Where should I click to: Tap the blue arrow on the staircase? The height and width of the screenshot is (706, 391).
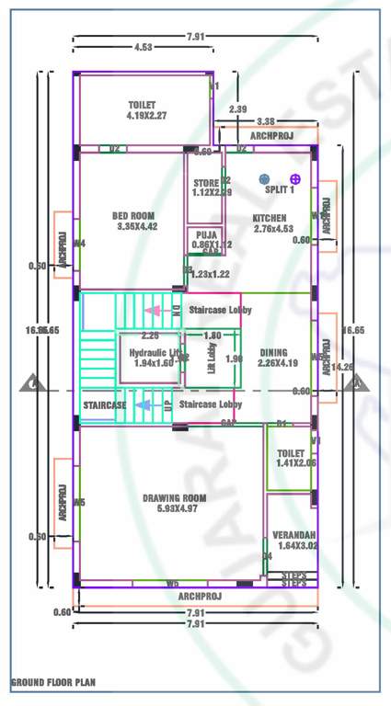[144, 404]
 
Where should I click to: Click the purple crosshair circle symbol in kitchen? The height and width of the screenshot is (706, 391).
[295, 178]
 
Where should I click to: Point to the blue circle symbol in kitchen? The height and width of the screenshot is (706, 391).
[265, 178]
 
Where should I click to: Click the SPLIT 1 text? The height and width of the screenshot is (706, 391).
[280, 189]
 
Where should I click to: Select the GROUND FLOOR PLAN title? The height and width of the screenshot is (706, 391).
[52, 683]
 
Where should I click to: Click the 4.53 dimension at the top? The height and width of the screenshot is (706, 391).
[143, 47]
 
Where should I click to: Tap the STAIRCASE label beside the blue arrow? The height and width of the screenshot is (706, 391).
[104, 405]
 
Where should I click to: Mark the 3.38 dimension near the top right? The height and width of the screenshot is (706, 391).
[266, 121]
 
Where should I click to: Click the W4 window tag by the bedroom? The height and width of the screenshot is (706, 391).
[80, 244]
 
